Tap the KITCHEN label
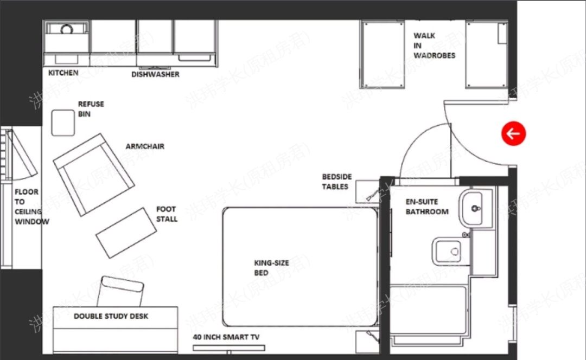63,73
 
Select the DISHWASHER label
155,74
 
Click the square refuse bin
63,123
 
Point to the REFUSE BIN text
91,109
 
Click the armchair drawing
93,174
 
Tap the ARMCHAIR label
145,146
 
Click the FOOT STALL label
167,214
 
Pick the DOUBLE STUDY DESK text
111,316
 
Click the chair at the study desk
123,291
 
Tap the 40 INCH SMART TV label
226,337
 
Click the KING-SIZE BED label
271,268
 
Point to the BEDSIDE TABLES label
336,182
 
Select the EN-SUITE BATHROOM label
427,207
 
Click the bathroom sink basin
476,208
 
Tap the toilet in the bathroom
448,252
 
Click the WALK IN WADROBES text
434,46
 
